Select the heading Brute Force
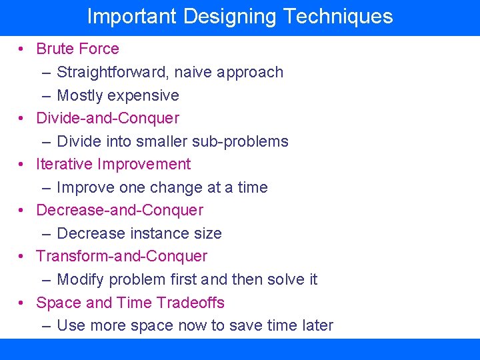pos(77,49)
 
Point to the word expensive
pos(146,95)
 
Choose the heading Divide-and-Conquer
pos(107,118)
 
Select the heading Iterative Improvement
pos(113,164)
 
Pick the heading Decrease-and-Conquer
pos(119,210)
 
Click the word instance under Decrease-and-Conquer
pos(157,233)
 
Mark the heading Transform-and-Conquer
pos(121,256)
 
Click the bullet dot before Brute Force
pos(22,49)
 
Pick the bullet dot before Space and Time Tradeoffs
pos(22,303)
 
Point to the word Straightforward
pos(113,72)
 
